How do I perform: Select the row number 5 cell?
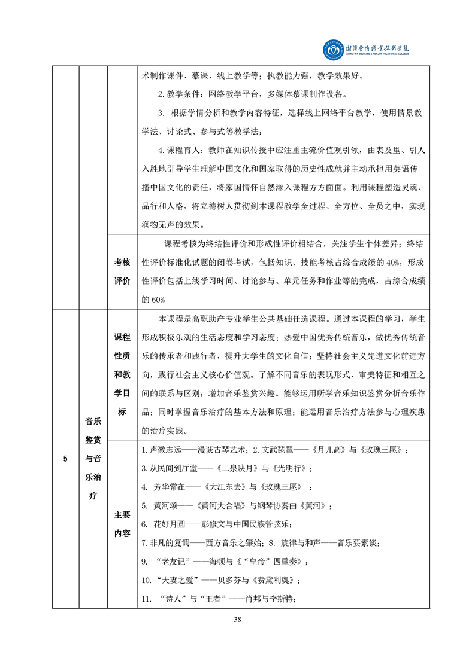click(65, 459)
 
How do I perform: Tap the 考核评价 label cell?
click(122, 272)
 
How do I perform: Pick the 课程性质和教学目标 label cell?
click(122, 376)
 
